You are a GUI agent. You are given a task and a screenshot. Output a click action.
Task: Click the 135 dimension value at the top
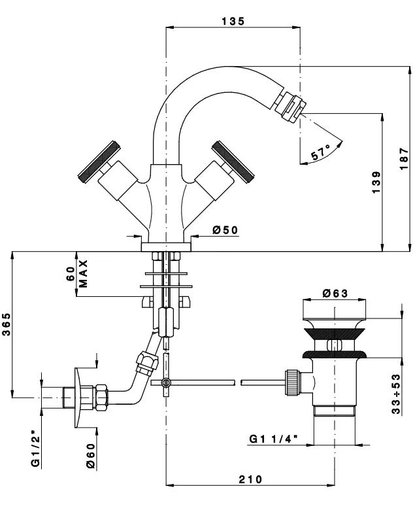[233, 22]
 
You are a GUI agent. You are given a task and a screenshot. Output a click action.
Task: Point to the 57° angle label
[320, 154]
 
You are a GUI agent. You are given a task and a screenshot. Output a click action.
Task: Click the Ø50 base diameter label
[225, 230]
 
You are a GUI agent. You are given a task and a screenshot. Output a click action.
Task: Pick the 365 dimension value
[6, 324]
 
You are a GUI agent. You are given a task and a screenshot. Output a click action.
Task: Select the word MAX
[83, 273]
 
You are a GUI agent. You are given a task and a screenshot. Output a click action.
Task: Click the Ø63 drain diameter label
[335, 294]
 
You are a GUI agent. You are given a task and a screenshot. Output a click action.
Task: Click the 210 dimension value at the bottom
[249, 480]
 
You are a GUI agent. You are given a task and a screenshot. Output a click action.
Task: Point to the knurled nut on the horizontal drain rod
[292, 381]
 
